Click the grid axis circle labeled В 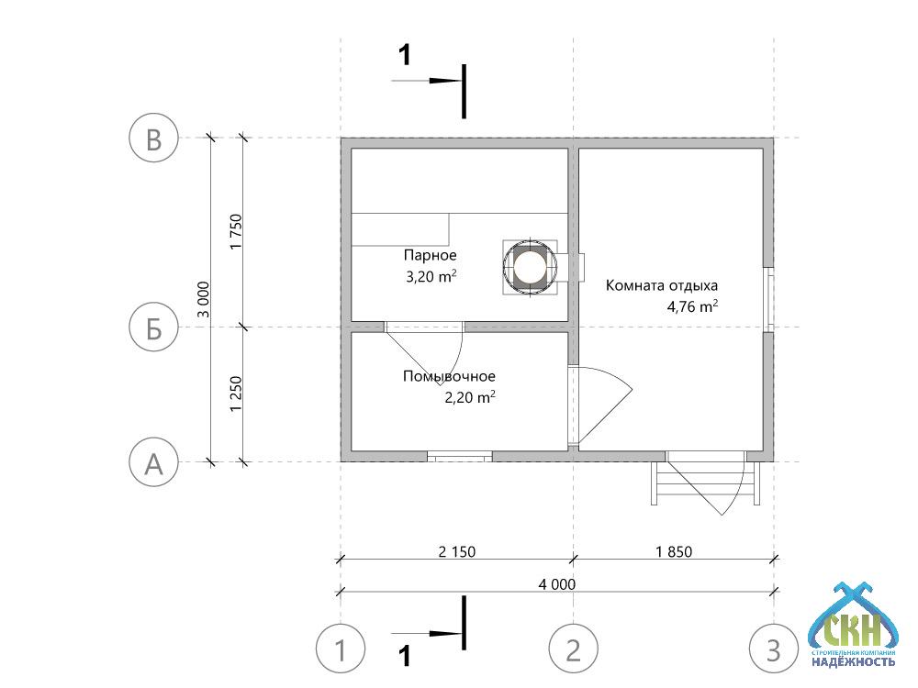pyautogui.click(x=153, y=139)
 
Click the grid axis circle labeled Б pyautogui.click(x=153, y=327)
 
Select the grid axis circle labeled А pyautogui.click(x=153, y=462)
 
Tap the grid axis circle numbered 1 pyautogui.click(x=341, y=650)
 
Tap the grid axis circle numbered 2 pyautogui.click(x=574, y=650)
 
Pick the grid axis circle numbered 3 pyautogui.click(x=774, y=650)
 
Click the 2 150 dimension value pyautogui.click(x=456, y=552)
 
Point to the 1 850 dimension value pyautogui.click(x=674, y=552)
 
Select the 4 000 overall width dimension pyautogui.click(x=557, y=583)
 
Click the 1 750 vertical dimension pyautogui.click(x=236, y=232)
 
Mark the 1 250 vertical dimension pyautogui.click(x=236, y=395)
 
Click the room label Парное pyautogui.click(x=430, y=255)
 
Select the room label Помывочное pyautogui.click(x=449, y=376)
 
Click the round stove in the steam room pyautogui.click(x=529, y=267)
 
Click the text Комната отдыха pyautogui.click(x=661, y=285)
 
